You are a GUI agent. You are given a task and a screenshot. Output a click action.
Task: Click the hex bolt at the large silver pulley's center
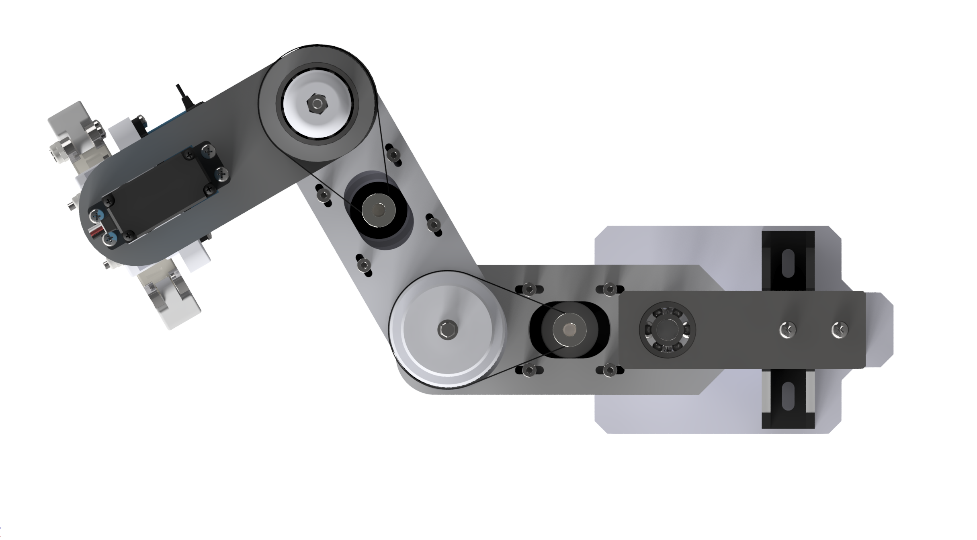click(447, 330)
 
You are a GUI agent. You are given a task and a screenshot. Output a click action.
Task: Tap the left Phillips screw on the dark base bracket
click(787, 330)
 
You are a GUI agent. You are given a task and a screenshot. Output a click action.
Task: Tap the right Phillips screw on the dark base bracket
click(839, 330)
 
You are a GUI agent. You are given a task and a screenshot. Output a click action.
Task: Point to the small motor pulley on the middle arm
click(379, 211)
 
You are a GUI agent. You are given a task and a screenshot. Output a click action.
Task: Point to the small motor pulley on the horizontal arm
click(569, 329)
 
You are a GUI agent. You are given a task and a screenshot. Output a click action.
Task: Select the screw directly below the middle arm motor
click(364, 264)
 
